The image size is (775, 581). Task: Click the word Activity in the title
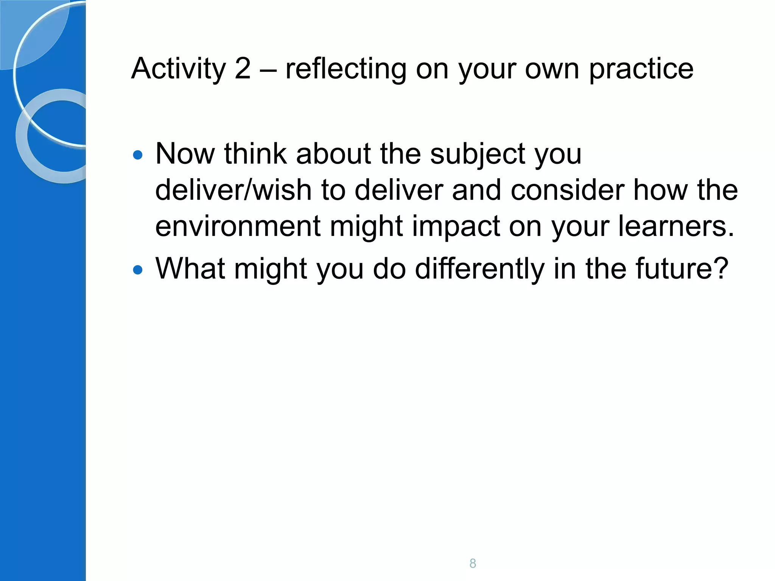178,69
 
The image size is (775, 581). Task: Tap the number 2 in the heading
242,69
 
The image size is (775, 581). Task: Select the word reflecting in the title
345,69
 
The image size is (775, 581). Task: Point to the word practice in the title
641,69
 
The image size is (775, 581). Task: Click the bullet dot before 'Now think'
138,155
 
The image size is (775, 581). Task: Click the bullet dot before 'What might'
138,270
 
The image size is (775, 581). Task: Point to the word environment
238,226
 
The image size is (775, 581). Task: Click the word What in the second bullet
190,269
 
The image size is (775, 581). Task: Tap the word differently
479,269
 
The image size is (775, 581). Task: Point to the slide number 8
473,563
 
